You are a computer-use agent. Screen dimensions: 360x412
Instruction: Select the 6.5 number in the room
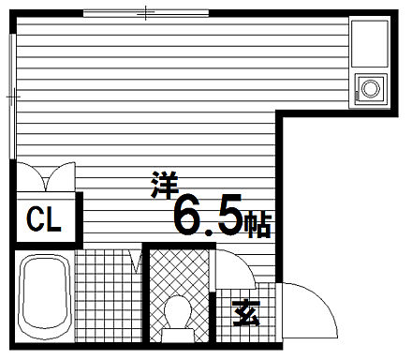(x=208, y=215)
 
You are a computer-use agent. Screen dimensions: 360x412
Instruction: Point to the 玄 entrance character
(x=245, y=310)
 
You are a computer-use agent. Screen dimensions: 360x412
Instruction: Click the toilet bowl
(x=178, y=308)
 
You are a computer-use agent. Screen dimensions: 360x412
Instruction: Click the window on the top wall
(x=145, y=13)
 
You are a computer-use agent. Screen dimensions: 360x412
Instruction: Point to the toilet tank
(x=178, y=334)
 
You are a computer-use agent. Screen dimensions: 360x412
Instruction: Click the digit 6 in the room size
(x=190, y=215)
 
